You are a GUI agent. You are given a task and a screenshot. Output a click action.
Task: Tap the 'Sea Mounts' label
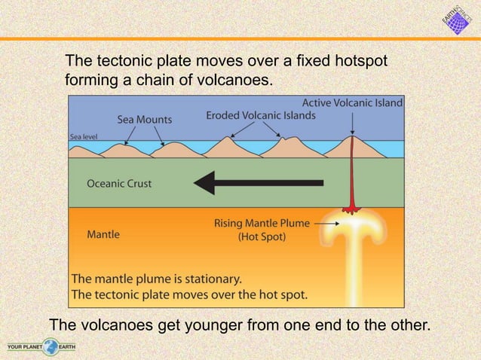[144, 119]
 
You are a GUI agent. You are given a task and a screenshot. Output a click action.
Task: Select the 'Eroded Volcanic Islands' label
[261, 115]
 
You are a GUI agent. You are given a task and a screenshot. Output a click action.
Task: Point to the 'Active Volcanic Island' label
[353, 102]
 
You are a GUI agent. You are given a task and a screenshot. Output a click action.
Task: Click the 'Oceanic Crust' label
[119, 183]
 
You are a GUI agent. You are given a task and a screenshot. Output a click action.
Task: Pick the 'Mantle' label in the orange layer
[103, 234]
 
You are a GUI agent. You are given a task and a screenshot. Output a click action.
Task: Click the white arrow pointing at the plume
[329, 223]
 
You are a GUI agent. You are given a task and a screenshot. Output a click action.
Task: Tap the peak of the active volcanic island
[352, 138]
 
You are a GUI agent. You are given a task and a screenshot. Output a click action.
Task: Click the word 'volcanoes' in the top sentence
[233, 78]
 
